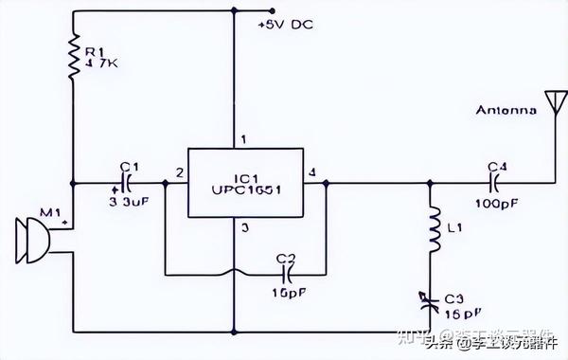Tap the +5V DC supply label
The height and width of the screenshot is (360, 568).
286,25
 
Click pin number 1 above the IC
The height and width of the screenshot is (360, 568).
244,140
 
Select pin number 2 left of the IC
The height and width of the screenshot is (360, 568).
178,172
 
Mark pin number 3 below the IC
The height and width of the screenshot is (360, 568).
244,227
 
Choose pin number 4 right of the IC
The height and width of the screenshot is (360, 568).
313,172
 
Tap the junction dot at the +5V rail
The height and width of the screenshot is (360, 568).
232,12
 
